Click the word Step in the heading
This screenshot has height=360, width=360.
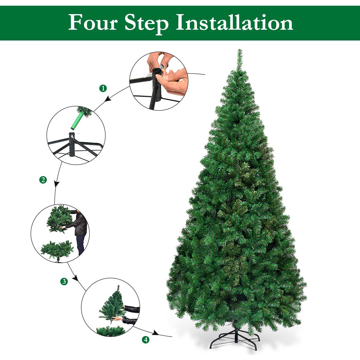pos(146,23)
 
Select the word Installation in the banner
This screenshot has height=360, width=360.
pos(234,23)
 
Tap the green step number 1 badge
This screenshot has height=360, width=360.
pos(103,88)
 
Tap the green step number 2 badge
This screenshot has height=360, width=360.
pos(43,180)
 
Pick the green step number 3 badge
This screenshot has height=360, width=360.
pos(64,281)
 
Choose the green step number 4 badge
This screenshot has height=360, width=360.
pos(146,340)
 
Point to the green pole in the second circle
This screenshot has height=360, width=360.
pos(77,121)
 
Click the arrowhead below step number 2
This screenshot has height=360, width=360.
pos(56,184)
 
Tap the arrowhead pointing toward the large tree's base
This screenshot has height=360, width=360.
pos(155,333)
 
